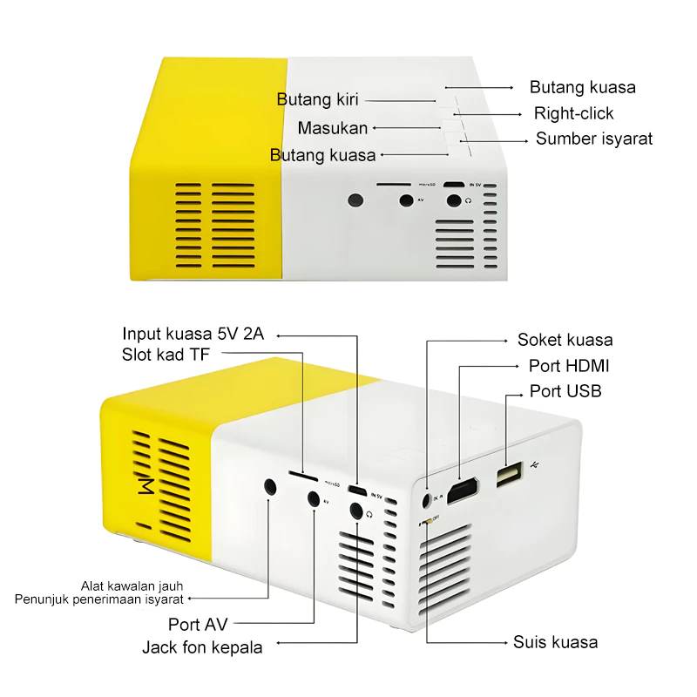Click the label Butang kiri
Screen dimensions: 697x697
pos(317,99)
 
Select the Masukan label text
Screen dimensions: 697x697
pos(332,128)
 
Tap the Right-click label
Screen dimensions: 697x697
pos(573,113)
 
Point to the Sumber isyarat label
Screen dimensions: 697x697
pos(593,139)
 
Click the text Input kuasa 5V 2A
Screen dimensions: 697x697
pos(193,334)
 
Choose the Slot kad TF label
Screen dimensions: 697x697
pos(166,354)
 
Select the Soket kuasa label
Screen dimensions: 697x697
pos(565,340)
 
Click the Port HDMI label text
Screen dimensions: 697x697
pos(569,366)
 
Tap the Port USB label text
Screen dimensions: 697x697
pos(565,391)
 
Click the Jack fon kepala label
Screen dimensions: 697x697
pos(202,647)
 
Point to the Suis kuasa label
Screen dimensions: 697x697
pos(555,642)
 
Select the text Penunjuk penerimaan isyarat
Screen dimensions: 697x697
pos(98,599)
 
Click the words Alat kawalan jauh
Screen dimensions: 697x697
pos(132,585)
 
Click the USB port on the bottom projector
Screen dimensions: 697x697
pos(507,475)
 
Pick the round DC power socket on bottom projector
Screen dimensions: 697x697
pos(426,500)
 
